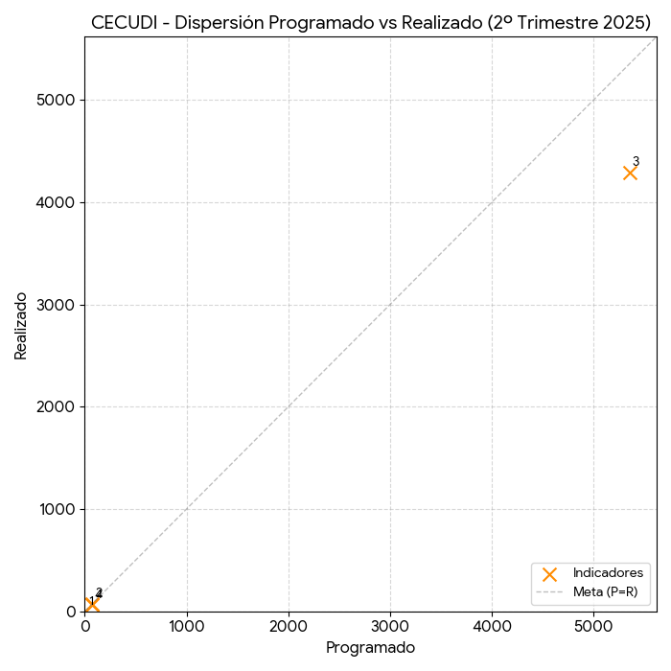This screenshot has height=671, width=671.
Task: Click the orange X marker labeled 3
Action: point(630,173)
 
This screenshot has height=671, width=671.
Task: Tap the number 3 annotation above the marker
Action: point(636,161)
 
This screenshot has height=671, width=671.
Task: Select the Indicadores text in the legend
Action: point(608,573)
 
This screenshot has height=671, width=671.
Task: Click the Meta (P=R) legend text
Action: point(605,591)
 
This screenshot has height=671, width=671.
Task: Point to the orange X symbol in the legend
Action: point(549,573)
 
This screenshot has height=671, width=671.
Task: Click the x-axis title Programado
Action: point(370,648)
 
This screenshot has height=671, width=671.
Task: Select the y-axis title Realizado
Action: point(21,326)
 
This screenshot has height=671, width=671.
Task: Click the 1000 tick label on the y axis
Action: point(58,509)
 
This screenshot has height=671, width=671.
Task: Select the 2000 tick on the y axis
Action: point(58,406)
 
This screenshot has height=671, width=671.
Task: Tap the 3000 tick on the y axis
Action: point(58,305)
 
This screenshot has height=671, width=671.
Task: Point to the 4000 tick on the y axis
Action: point(58,202)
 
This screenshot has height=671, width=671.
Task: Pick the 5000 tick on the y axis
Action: point(58,100)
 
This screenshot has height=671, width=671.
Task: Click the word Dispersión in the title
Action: point(217,23)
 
